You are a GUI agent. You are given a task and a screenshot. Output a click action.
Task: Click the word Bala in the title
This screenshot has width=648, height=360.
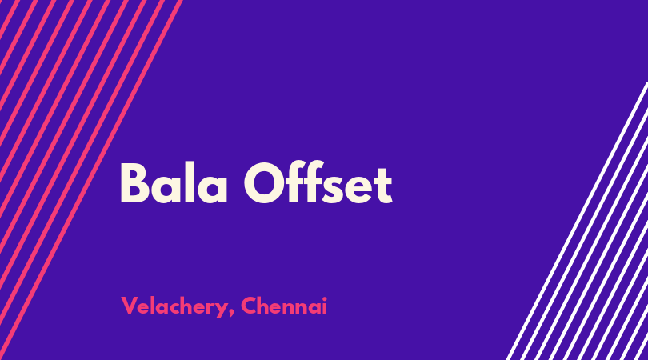174,183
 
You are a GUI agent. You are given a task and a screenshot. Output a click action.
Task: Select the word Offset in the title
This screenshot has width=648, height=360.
318,182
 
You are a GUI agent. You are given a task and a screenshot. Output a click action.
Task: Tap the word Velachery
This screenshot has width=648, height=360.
174,306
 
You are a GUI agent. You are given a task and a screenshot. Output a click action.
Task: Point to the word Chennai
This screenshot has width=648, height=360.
284,306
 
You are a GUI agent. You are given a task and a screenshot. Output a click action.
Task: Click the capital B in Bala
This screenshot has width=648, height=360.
134,183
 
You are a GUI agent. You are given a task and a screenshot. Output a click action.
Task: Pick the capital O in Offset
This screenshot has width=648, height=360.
264,183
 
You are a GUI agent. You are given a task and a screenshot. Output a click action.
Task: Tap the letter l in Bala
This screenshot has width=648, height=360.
189,182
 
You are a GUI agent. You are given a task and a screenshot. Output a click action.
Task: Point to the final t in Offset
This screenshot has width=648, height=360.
383,185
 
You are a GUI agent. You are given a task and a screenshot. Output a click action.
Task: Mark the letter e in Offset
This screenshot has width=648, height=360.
358,190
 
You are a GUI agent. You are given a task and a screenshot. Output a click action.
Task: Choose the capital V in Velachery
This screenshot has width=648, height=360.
129,306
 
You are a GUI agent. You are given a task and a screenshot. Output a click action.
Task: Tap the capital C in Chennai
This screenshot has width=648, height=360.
249,306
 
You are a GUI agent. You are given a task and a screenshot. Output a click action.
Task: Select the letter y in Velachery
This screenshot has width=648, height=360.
221,310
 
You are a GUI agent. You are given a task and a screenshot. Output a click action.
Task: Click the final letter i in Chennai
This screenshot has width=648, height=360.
325,306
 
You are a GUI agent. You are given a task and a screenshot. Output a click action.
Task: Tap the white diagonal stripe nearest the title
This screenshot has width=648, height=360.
578,221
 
